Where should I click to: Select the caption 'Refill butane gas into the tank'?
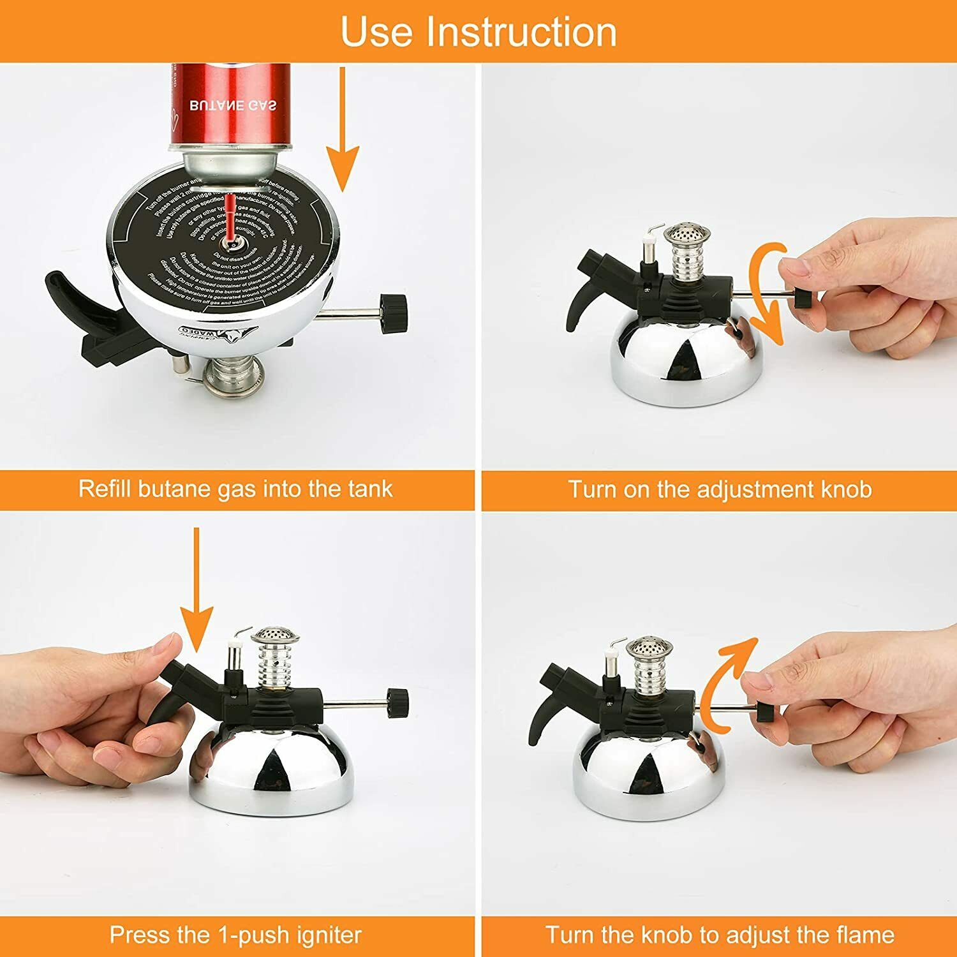tap(235, 489)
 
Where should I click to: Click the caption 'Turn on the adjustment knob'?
tap(720, 489)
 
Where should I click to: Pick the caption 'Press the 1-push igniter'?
tap(235, 935)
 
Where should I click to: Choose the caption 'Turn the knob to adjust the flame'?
tap(720, 935)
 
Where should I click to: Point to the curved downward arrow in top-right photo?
tap(766, 293)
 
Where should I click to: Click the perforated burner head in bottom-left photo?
tap(269, 638)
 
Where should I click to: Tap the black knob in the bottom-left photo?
tap(397, 703)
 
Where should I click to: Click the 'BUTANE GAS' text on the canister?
tap(233, 105)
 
